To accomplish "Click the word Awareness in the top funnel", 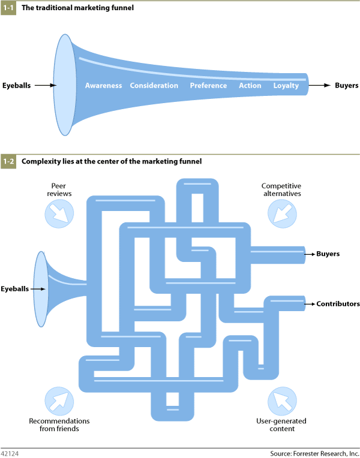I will [x=103, y=86].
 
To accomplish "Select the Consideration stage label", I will [x=154, y=86].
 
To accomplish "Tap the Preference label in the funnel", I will [x=208, y=86].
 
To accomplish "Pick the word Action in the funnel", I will [x=250, y=86].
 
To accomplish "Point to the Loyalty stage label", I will [x=286, y=86].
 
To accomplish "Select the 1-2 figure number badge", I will [x=8, y=161].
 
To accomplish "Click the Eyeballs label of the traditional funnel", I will [x=16, y=86].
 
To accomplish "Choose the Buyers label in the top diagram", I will [x=346, y=86].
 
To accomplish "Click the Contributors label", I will [x=338, y=305].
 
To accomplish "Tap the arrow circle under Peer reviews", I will [x=59, y=213].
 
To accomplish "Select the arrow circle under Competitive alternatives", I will [x=281, y=213].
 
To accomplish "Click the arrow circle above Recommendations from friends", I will [x=59, y=401].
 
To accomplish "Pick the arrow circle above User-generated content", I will [x=281, y=401].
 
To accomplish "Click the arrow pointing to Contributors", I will [x=310, y=305].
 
